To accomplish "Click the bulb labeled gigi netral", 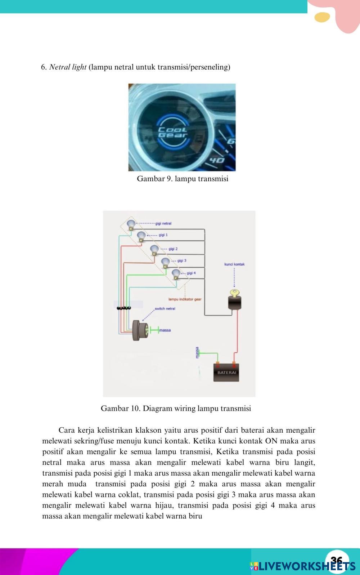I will pos(131,224).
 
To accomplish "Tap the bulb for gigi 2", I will pos(154,250).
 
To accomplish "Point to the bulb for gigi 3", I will pos(165,262).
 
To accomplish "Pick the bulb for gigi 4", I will pos(176,274).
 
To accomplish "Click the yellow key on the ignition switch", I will pos(235,293).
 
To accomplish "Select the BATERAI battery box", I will pos(226,372).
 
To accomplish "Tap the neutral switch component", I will pos(140,330).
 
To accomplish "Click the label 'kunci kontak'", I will pos(234,264).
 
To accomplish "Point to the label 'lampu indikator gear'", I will pos(185,299).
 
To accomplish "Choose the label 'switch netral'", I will pos(165,309).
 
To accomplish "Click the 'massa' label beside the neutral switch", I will pos(165,330).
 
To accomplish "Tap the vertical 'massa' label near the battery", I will pos(197,352).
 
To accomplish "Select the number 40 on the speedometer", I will pos(217,160).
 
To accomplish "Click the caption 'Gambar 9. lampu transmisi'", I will pos(183,179).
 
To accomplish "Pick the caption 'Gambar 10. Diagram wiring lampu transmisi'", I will pos(176,408).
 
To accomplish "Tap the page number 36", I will pos(337,560).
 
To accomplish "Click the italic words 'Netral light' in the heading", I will pos(68,67).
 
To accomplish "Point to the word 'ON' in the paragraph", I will pos(271,441).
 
